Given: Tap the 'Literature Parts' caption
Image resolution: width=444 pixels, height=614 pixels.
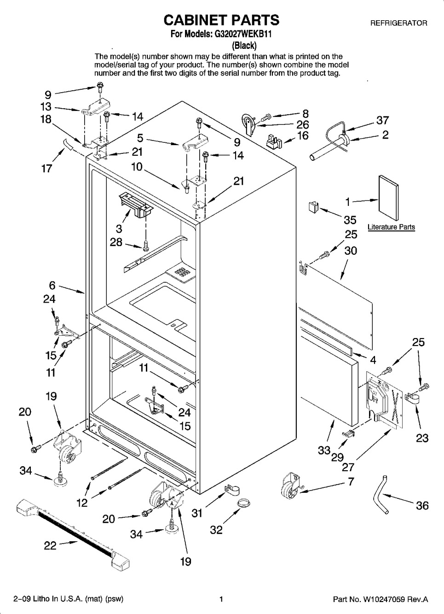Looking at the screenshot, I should click(391, 227).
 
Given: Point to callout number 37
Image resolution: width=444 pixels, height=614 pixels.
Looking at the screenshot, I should click(382, 121).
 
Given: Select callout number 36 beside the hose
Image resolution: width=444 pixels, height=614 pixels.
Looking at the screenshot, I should click(422, 505).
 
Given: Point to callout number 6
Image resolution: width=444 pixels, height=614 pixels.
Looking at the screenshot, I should click(52, 285).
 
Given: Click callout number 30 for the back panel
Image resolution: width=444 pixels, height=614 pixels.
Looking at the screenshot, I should click(351, 251).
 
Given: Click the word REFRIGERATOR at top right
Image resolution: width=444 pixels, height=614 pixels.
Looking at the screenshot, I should click(398, 23).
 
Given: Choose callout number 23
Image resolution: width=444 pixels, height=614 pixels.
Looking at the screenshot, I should click(421, 438).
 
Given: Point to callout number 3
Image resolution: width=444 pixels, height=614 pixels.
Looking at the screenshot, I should click(119, 228).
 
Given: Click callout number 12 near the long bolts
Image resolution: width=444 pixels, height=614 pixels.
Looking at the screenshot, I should click(82, 503).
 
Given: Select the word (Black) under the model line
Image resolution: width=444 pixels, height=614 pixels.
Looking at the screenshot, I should click(244, 45).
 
